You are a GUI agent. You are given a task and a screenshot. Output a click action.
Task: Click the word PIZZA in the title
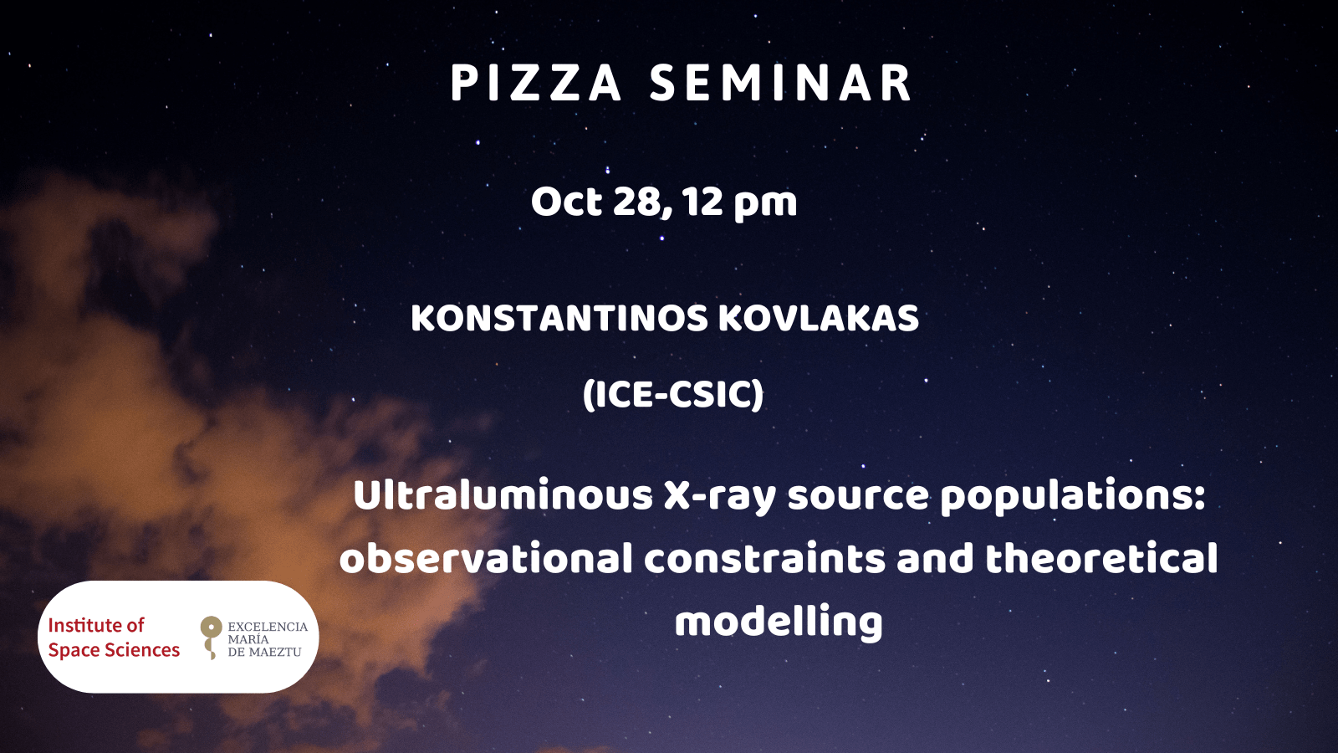[x=536, y=83]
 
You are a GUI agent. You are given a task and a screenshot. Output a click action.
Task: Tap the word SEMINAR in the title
[x=781, y=83]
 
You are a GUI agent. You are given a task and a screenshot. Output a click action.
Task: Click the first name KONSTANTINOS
[x=559, y=319]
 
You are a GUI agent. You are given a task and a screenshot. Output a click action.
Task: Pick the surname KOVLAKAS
[x=819, y=319]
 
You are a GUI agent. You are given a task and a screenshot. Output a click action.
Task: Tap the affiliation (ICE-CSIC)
[x=673, y=395]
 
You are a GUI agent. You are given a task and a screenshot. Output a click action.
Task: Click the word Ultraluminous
[x=503, y=495]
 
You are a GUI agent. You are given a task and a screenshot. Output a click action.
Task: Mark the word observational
[x=486, y=559]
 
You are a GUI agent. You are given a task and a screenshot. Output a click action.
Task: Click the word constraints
[x=764, y=559]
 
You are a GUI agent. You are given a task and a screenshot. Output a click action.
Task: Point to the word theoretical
[x=1101, y=557]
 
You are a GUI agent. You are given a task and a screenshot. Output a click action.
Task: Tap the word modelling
[x=779, y=622]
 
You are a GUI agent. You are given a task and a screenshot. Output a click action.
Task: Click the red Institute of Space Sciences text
[x=114, y=638]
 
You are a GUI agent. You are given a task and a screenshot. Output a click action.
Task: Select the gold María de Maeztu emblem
[x=210, y=638]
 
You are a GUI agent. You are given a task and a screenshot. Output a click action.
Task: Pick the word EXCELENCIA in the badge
[x=268, y=627]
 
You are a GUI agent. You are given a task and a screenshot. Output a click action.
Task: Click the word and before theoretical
[x=935, y=557]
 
